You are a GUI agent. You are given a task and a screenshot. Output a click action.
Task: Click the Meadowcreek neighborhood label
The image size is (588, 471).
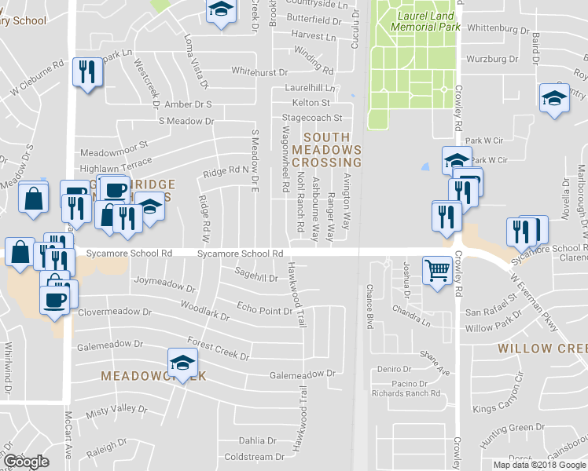click(153, 376)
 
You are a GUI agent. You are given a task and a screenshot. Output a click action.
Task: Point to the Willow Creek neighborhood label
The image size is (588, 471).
click(542, 347)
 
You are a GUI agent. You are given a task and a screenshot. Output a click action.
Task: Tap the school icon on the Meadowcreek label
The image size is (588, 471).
click(182, 364)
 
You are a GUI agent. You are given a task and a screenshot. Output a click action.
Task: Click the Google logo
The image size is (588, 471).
click(25, 462)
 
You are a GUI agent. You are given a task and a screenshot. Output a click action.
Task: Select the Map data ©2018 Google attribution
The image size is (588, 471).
click(539, 465)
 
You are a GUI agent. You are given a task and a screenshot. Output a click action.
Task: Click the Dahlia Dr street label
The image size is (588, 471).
click(258, 440)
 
